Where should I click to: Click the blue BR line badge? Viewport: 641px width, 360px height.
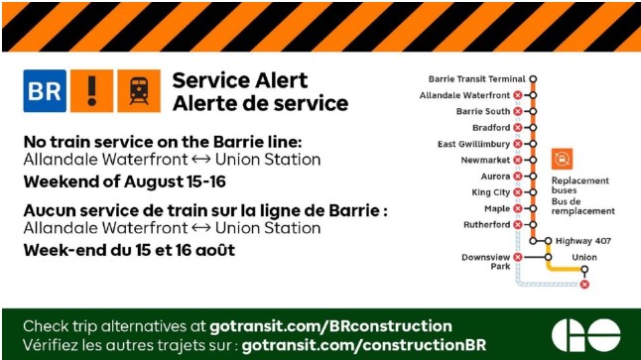[45, 90]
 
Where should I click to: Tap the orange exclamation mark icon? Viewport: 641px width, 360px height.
[92, 90]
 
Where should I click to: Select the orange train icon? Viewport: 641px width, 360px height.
[139, 90]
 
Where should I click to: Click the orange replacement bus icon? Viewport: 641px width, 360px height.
[562, 159]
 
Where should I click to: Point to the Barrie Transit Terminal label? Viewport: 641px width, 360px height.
[476, 79]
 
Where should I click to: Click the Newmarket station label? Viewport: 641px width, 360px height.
[485, 160]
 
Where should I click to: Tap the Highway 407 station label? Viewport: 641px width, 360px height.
[583, 241]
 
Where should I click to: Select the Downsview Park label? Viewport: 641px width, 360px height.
[486, 262]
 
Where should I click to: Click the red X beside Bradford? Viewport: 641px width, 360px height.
[518, 128]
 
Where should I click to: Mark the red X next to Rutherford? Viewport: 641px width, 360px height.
[518, 225]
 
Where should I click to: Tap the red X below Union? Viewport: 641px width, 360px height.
[584, 285]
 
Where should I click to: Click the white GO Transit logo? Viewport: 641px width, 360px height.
[585, 335]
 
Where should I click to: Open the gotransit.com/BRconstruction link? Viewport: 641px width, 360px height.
[330, 326]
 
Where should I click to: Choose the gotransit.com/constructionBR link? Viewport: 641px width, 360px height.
[364, 345]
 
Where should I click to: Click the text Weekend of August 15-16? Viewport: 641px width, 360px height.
[125, 181]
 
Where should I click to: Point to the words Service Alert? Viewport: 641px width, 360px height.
[239, 80]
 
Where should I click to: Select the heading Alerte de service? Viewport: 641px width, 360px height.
[260, 103]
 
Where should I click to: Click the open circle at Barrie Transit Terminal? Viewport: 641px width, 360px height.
[533, 79]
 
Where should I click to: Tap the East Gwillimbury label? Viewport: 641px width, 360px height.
[473, 144]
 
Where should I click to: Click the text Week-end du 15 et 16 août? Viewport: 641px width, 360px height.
[129, 250]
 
